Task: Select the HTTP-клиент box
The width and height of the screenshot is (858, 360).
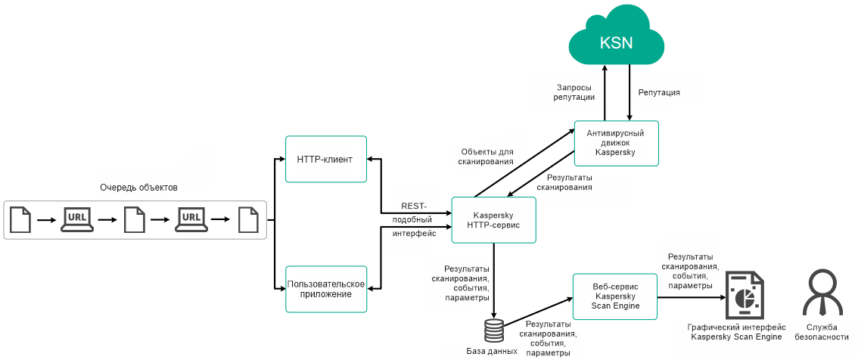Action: (x=326, y=159)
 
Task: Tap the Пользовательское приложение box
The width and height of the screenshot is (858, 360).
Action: (x=326, y=289)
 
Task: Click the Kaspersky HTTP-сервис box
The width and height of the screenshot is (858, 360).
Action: (x=493, y=220)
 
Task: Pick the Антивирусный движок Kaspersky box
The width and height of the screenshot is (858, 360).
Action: (x=616, y=142)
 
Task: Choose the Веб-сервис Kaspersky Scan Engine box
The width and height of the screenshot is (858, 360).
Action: (x=615, y=296)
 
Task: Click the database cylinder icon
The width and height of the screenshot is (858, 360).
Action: (x=493, y=331)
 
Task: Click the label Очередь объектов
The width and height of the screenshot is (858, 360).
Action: (x=138, y=188)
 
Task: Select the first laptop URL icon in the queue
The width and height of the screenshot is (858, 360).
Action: (x=77, y=220)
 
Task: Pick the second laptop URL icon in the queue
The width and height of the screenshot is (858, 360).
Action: (x=190, y=220)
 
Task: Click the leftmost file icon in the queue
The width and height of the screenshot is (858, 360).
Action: (x=21, y=220)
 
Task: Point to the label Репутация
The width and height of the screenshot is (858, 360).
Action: (x=659, y=92)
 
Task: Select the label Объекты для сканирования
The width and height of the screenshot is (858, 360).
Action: (x=486, y=157)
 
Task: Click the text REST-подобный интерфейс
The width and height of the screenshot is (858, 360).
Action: (x=414, y=220)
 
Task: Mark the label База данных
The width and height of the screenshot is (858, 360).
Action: (x=492, y=352)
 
